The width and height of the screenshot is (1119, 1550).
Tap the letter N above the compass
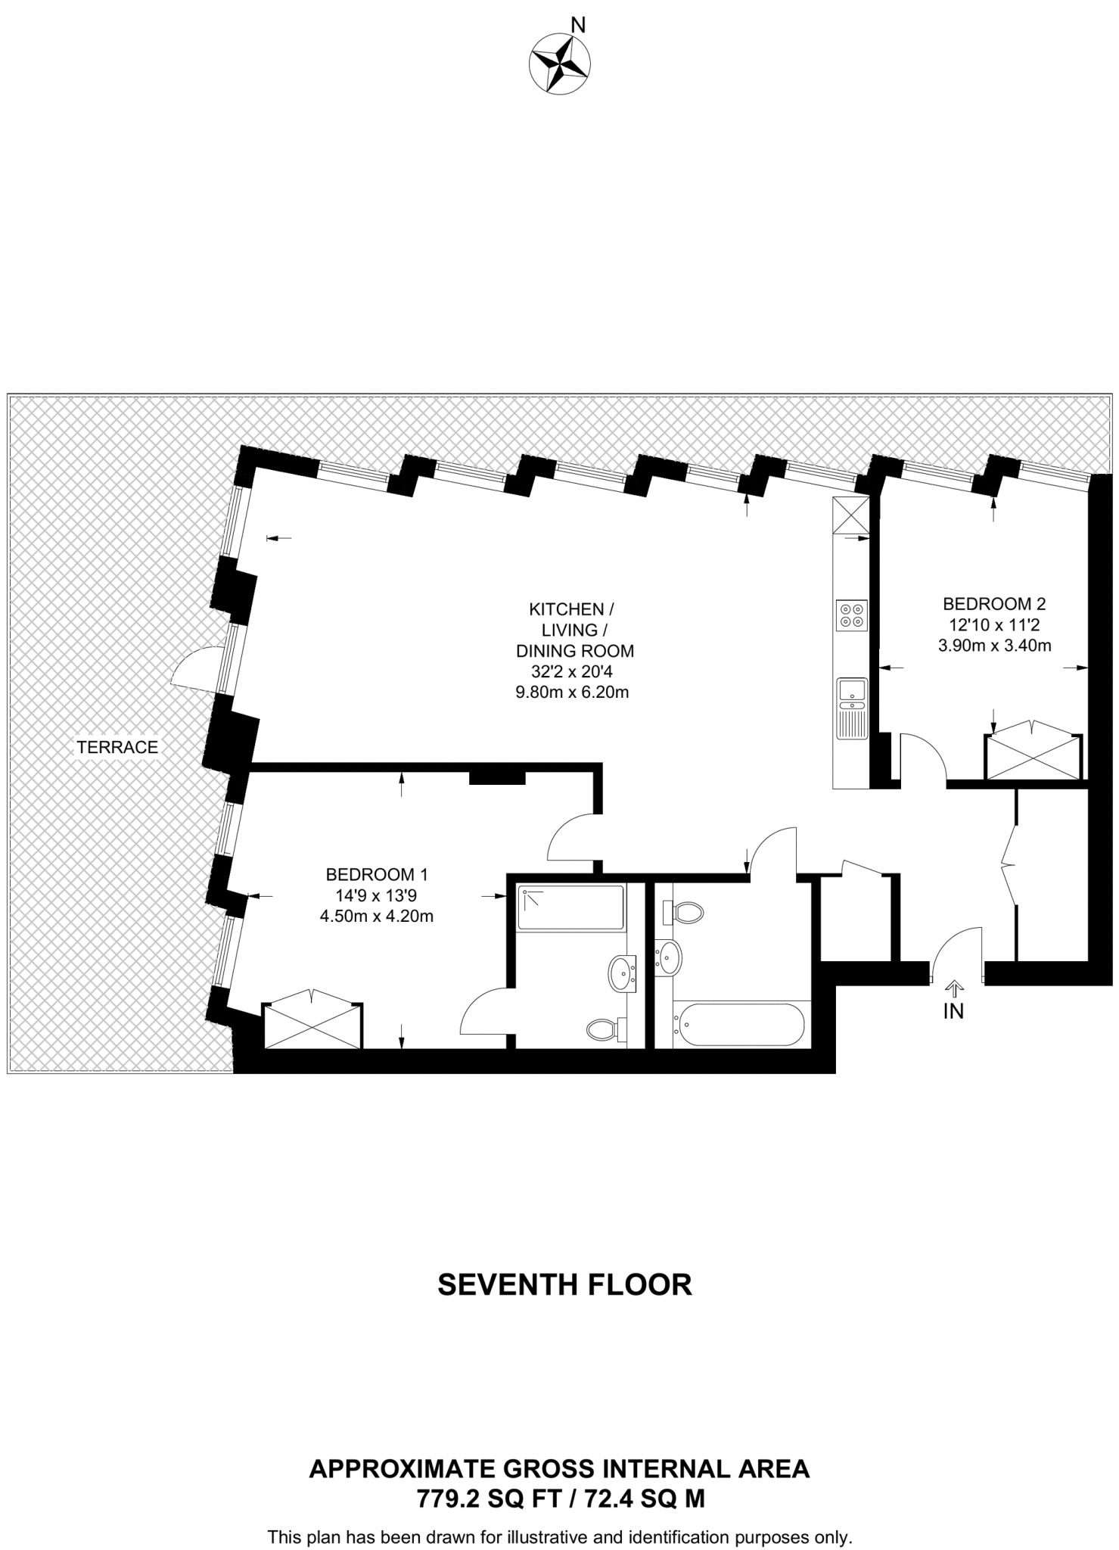(578, 26)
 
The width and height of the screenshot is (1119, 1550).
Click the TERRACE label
(117, 747)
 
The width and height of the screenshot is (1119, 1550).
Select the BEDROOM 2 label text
(993, 604)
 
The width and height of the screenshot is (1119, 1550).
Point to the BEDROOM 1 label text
(377, 874)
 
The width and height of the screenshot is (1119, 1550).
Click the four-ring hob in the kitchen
(851, 615)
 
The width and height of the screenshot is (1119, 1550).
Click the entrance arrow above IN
(953, 987)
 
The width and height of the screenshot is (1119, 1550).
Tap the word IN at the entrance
(953, 1011)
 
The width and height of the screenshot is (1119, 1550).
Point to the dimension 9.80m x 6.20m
(572, 692)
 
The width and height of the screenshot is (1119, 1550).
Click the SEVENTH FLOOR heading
(564, 1285)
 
